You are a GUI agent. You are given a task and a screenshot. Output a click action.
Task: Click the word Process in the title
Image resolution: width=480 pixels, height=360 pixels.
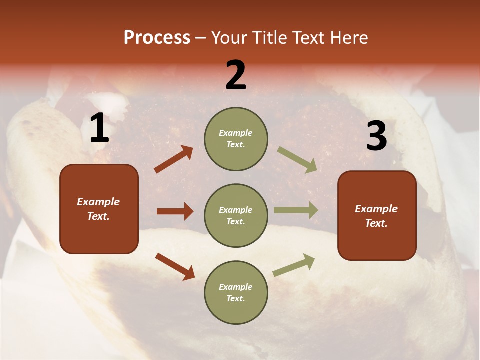157,38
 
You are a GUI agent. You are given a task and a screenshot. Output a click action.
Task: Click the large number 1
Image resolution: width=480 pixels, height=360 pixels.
99,128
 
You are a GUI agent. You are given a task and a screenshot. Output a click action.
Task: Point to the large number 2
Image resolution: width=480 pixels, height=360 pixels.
236,75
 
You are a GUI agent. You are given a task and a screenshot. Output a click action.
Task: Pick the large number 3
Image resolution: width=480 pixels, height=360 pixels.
376,136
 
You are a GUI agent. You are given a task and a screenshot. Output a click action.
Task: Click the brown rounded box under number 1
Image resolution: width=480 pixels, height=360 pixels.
99,209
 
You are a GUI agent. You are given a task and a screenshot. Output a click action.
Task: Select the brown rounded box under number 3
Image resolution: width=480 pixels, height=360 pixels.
377,215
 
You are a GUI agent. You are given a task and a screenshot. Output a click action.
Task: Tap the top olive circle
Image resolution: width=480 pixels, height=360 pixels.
236,138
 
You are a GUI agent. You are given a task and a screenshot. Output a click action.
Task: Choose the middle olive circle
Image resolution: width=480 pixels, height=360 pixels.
236,215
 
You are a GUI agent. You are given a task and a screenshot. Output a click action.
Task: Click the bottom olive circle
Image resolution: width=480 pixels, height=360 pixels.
236,292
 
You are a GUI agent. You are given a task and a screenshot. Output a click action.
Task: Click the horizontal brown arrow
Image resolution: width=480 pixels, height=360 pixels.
175,211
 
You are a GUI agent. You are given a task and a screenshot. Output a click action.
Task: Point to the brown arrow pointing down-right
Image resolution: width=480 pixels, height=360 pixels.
175,266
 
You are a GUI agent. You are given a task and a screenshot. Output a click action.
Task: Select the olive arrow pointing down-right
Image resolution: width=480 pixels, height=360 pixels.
297,160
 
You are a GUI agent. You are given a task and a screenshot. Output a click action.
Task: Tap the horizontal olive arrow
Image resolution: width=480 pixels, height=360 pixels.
296,210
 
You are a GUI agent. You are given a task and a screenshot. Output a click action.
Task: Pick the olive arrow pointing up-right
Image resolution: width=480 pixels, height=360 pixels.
294,265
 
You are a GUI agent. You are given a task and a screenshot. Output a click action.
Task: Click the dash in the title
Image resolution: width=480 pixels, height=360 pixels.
201,38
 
